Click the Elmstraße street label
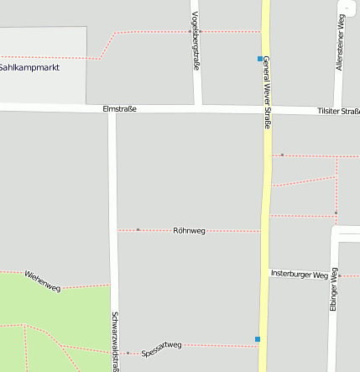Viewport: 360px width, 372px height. [119, 108]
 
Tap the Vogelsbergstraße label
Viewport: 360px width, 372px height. [196, 40]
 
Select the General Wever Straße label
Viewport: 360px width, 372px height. [267, 92]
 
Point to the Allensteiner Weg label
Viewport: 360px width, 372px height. [342, 46]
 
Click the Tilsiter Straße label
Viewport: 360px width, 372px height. [338, 111]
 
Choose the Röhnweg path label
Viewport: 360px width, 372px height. [189, 229]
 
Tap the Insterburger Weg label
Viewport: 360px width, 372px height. [299, 274]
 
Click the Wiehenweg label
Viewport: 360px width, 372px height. [43, 280]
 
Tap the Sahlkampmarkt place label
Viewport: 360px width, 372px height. [29, 66]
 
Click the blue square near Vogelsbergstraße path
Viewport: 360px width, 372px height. [260, 59]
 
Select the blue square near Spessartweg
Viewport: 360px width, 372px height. [258, 339]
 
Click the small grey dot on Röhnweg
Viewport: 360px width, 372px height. [138, 229]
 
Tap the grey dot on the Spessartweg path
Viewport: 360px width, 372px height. [128, 353]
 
